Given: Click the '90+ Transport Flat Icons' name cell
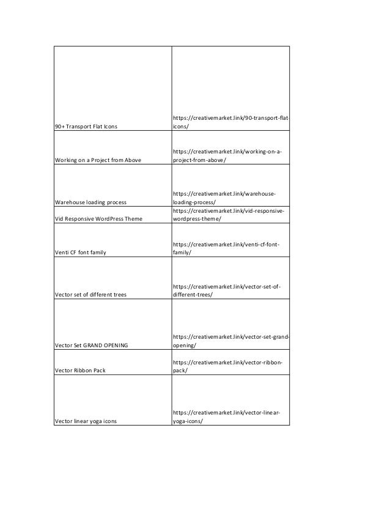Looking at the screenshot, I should [86, 127].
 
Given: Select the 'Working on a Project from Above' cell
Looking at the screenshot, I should [98, 160].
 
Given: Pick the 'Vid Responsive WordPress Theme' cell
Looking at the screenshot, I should [98, 219].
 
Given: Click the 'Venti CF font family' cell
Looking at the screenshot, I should [79, 253].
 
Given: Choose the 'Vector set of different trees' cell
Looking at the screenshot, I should [90, 295].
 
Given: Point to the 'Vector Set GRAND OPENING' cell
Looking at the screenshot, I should [91, 345].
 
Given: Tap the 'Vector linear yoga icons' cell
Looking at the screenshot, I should [86, 421].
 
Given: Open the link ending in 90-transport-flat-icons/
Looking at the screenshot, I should [230, 122].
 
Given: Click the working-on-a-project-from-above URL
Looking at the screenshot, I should [227, 155].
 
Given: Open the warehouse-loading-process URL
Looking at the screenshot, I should [224, 197].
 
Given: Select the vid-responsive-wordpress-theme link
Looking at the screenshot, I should [227, 215].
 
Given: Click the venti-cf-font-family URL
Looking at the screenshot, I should [226, 248].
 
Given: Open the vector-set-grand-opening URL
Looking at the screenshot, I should [230, 341].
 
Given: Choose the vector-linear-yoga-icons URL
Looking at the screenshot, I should [226, 416].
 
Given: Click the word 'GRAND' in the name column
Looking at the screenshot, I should [94, 345].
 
